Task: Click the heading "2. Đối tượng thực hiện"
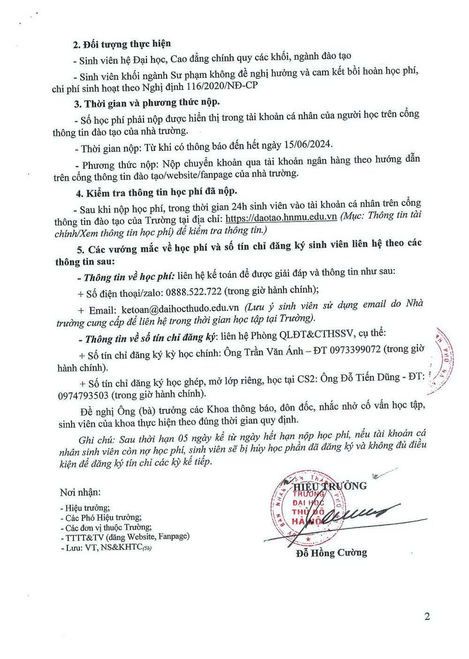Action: point(122,44)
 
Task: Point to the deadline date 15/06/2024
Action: point(308,144)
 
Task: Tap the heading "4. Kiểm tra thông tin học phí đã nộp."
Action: point(157,192)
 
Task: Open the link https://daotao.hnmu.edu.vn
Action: point(281,217)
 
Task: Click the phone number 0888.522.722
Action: point(193,291)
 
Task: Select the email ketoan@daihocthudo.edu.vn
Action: point(180,309)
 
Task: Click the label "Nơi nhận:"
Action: point(80,492)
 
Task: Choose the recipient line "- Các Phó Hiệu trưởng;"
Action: point(101,518)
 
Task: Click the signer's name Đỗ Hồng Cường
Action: point(332,553)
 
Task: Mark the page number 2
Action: point(427,616)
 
